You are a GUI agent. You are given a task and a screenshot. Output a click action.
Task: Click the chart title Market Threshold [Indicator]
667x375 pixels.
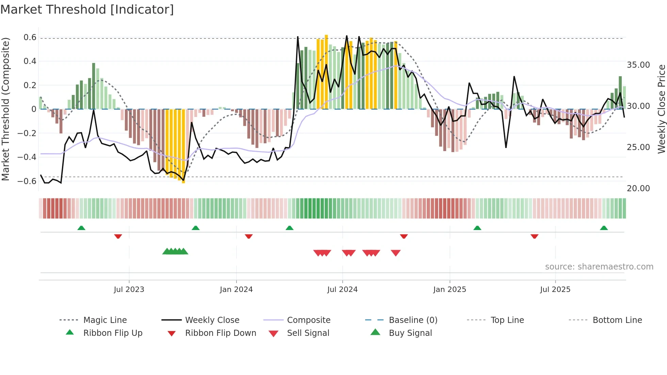coord(87,10)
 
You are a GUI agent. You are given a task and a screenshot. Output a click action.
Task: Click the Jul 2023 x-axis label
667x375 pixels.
coord(129,289)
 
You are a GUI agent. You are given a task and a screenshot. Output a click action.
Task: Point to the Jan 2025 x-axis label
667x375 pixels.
coord(450,289)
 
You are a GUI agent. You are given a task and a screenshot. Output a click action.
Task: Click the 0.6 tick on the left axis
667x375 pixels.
coord(30,37)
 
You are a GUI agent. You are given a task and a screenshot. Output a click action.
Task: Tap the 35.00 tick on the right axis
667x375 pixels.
coord(638,65)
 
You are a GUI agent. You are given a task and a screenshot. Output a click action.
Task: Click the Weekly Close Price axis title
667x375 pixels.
coord(661,109)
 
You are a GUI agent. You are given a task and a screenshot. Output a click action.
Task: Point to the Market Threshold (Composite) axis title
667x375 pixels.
coord(5,109)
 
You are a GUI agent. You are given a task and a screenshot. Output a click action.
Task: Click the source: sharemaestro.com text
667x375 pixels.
coord(599,266)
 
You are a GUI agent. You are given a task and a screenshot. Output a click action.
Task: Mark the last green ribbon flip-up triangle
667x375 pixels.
coord(604,228)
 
